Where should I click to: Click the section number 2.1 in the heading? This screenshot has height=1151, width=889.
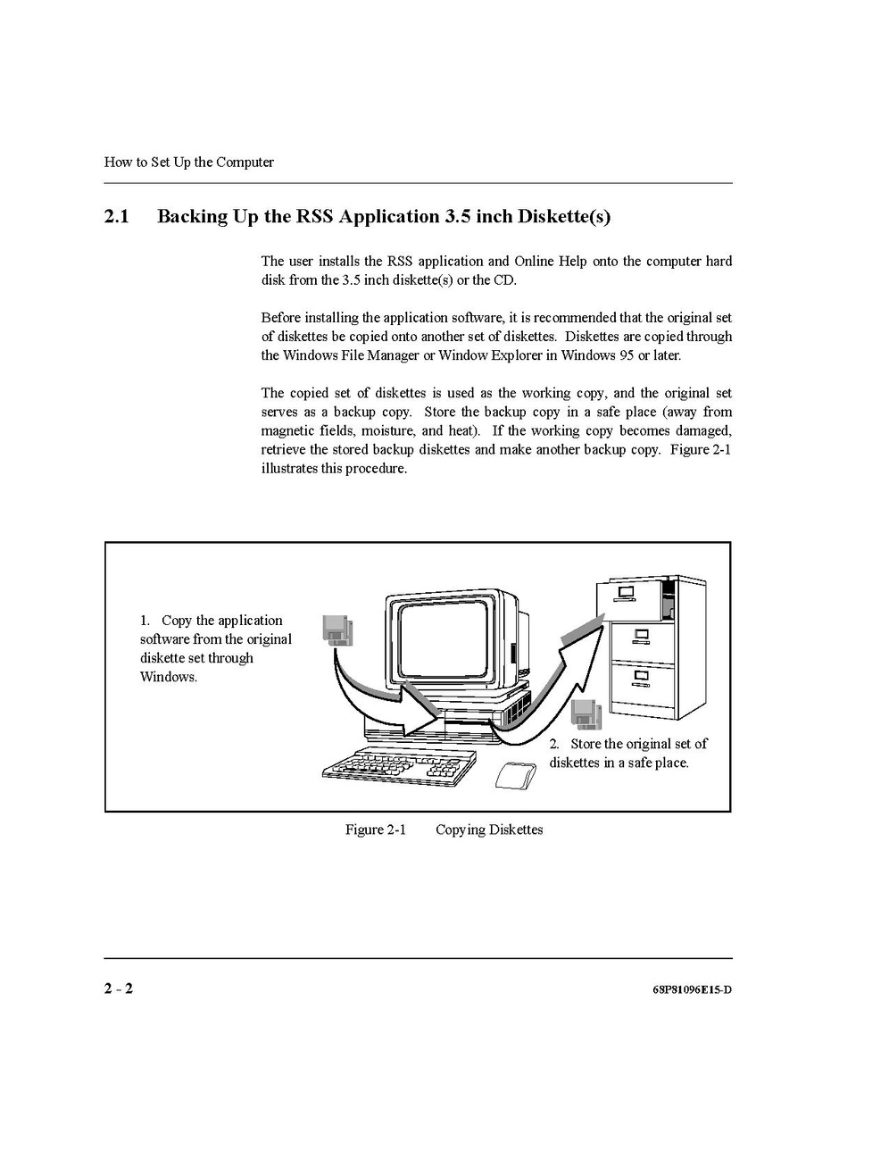117,217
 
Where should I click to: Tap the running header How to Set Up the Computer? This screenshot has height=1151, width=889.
188,163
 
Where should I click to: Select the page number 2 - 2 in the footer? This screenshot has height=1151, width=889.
119,988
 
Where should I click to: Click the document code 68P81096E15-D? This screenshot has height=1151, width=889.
692,989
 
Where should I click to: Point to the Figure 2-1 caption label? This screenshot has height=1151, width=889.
375,830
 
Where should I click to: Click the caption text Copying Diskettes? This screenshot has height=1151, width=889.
489,830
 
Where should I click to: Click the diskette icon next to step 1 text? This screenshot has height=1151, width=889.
336,630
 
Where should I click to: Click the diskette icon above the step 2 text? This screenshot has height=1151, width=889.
586,715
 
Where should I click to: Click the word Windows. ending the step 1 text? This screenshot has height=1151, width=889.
168,677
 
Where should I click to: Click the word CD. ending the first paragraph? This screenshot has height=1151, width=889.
505,280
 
